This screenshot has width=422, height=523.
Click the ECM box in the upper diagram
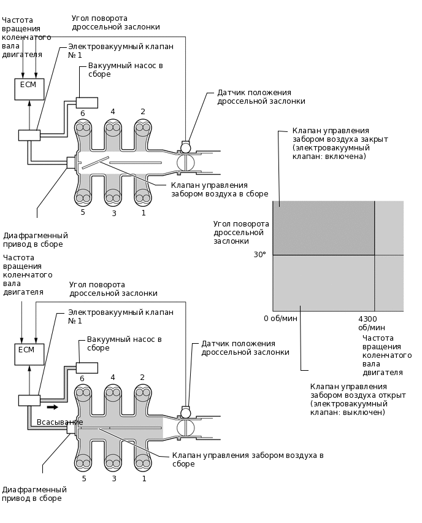pyautogui.click(x=29, y=89)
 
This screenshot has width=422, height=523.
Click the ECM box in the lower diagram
pyautogui.click(x=29, y=354)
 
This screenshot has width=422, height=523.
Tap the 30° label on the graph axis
pyautogui.click(x=260, y=254)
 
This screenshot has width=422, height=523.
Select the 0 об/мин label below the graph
pyautogui.click(x=280, y=319)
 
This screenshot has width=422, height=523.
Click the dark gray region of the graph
pyautogui.click(x=323, y=228)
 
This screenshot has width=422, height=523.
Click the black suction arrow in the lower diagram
pyautogui.click(x=53, y=406)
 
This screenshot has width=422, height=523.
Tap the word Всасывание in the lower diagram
pyautogui.click(x=59, y=422)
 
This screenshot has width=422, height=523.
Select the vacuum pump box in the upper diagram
pyautogui.click(x=86, y=103)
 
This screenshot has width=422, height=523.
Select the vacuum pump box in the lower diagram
pyautogui.click(x=86, y=368)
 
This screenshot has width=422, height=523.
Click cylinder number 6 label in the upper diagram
pyautogui.click(x=82, y=114)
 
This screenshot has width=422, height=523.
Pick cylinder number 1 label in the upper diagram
pyautogui.click(x=144, y=213)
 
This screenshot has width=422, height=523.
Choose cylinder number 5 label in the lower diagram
pyautogui.click(x=83, y=478)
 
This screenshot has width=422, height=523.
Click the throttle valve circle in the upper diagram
pyautogui.click(x=185, y=162)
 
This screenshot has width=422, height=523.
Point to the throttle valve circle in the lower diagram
pyautogui.click(x=185, y=427)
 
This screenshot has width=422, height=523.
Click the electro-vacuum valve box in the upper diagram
pyautogui.click(x=29, y=135)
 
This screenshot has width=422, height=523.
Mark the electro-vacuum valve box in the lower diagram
pyautogui.click(x=29, y=400)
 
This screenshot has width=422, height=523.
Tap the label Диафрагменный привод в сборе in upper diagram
pyautogui.click(x=36, y=240)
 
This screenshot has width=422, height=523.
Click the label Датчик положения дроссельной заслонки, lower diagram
pyautogui.click(x=245, y=348)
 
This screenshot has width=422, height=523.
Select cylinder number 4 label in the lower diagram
pyautogui.click(x=113, y=378)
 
